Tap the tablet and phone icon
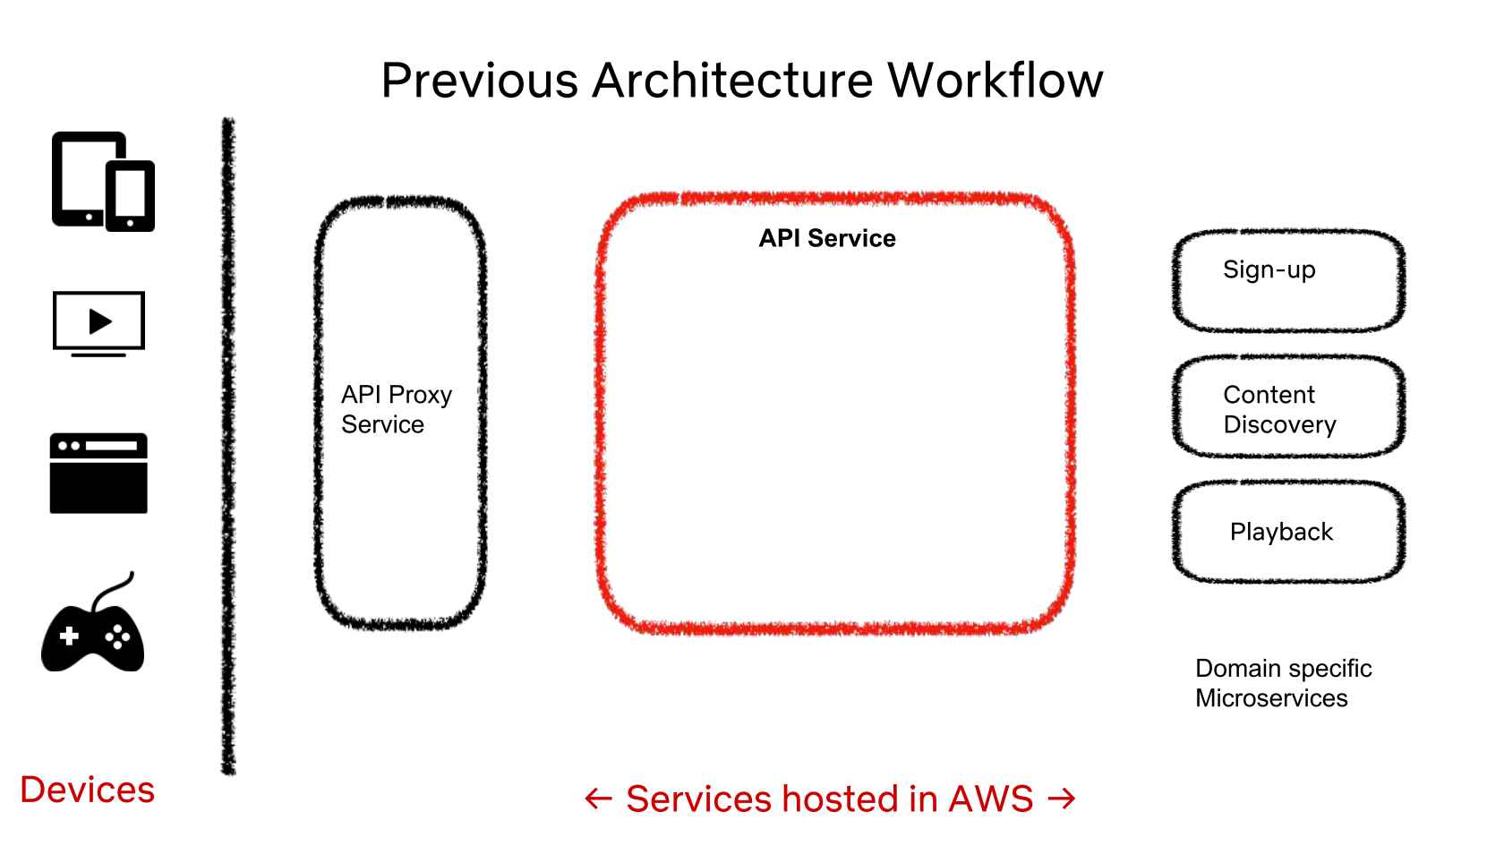(102, 182)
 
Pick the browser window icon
(98, 474)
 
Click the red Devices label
(88, 790)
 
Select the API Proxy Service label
(396, 409)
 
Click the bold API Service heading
(827, 238)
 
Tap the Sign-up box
(1287, 280)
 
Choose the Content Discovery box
(1287, 408)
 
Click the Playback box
(1287, 532)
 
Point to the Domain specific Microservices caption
(1282, 683)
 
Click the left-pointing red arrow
(598, 799)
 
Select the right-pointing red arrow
(1062, 798)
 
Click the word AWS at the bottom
(991, 799)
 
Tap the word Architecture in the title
(731, 81)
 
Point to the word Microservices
(1271, 698)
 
